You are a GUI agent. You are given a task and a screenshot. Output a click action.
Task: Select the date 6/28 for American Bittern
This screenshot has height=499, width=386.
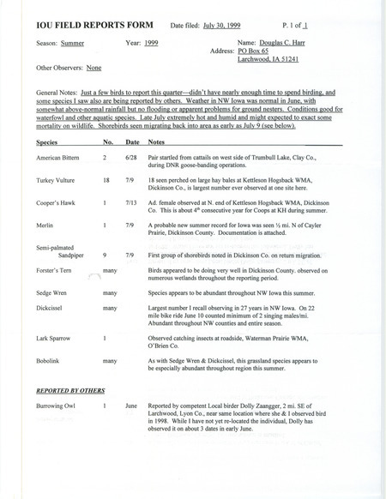pyautogui.click(x=132, y=159)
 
